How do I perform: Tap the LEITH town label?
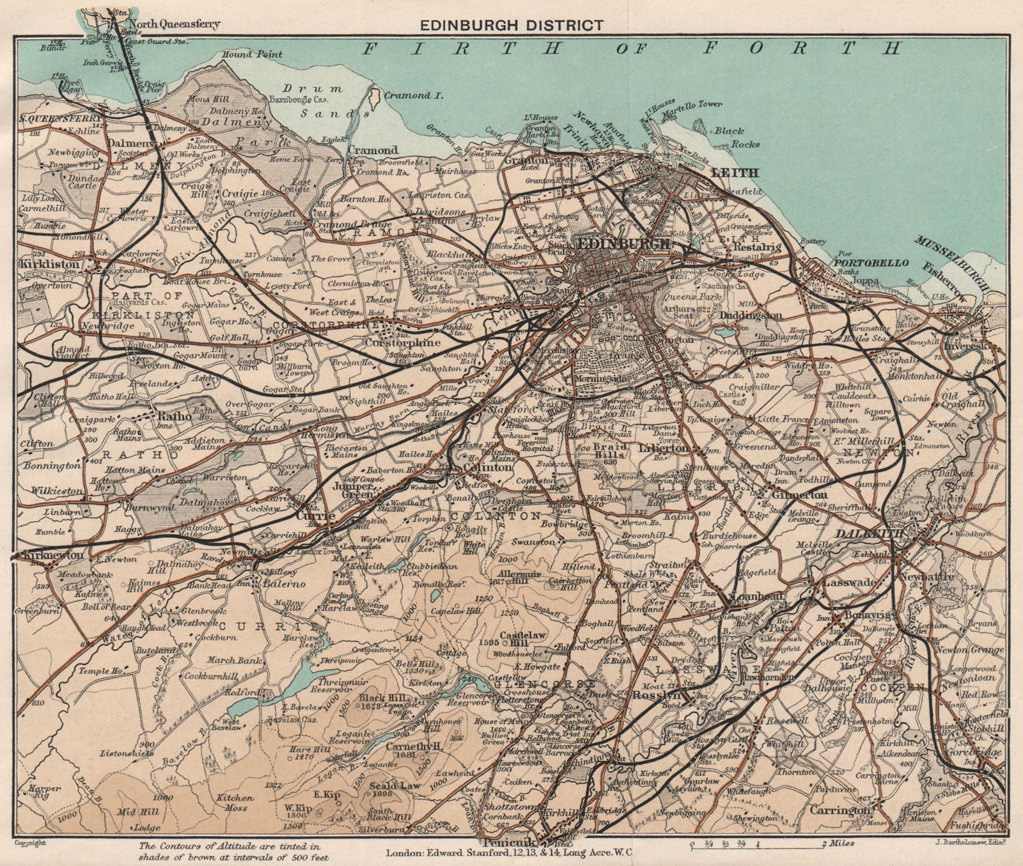tap(735, 173)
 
